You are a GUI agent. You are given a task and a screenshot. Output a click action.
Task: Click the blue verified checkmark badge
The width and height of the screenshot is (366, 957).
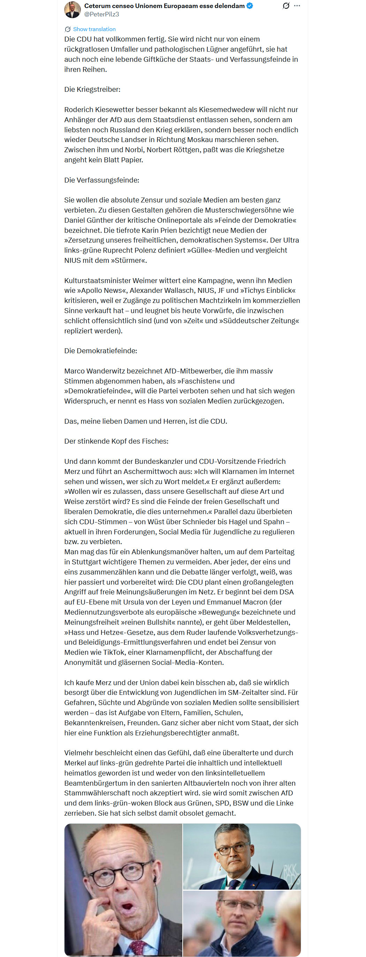250,6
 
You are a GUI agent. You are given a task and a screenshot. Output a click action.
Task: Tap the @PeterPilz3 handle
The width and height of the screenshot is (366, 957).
101,15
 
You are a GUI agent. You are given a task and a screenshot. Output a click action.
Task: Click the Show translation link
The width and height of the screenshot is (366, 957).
94,29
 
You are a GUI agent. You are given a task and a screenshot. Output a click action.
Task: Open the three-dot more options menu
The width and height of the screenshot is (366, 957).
297,6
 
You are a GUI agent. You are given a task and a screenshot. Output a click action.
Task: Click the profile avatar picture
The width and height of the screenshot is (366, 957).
73,10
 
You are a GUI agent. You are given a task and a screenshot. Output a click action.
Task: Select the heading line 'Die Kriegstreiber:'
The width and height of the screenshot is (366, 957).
92,90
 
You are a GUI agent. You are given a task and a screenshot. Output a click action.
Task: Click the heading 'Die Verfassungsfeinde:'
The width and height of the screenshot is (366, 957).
101,180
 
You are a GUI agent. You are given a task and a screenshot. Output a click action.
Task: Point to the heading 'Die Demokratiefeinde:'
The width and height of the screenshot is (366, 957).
100,351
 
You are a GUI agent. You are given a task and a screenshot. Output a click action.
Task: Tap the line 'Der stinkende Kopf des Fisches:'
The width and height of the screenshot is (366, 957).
116,442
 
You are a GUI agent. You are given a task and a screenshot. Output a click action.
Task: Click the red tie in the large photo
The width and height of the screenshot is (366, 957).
137,945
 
